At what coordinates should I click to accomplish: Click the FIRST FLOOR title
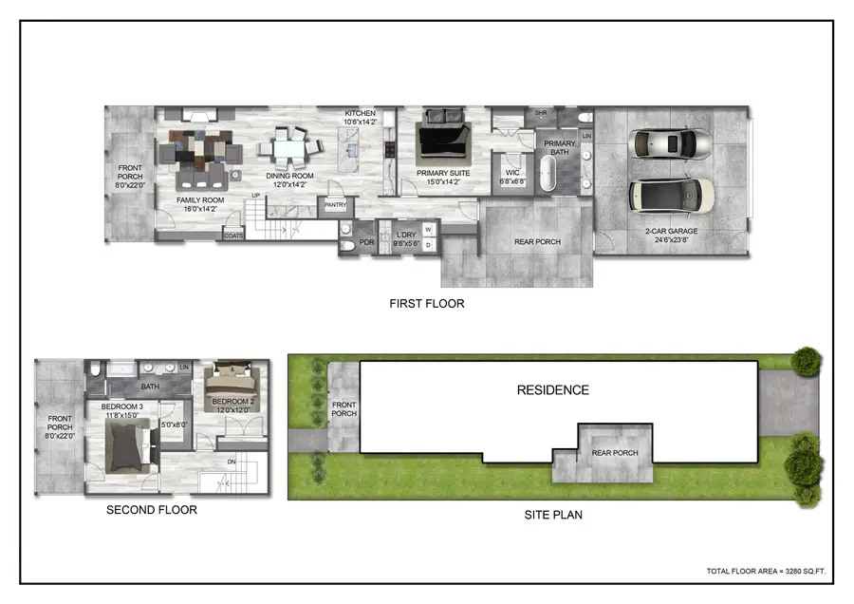click(x=426, y=304)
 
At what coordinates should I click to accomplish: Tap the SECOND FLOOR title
click(x=151, y=510)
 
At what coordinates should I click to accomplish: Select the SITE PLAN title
click(x=553, y=516)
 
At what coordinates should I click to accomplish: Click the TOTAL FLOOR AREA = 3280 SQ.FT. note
click(x=769, y=571)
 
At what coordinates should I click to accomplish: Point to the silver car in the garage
click(x=672, y=144)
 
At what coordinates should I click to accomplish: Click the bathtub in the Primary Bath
click(x=548, y=178)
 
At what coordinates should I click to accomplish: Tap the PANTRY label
click(x=335, y=204)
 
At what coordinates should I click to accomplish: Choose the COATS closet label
click(x=233, y=235)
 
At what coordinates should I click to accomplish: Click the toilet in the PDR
click(x=347, y=244)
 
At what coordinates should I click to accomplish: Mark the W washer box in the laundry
click(x=428, y=229)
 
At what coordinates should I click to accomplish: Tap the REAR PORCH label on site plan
click(x=616, y=453)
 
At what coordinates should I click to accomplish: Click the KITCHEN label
click(x=361, y=114)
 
